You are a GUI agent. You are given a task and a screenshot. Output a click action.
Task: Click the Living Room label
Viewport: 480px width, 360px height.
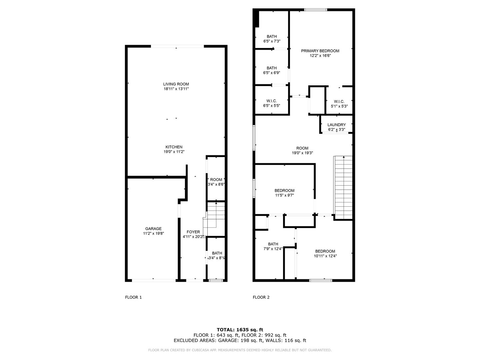pos(176,84)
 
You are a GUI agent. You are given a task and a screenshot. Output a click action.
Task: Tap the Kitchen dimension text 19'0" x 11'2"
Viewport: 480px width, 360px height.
pos(174,152)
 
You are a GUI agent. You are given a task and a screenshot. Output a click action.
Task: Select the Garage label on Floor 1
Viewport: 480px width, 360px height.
pos(153,229)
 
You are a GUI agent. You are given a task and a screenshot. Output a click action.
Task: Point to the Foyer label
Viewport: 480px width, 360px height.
pos(193,232)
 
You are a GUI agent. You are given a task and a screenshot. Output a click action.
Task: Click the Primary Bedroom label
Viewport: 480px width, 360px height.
pos(320,51)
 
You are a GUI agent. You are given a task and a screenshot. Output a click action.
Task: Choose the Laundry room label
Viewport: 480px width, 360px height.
pos(337,125)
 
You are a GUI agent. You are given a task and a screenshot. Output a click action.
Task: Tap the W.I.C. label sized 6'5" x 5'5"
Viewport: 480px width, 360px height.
pos(271,101)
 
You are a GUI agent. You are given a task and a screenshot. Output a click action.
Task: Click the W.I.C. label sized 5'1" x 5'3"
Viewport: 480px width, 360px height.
pos(339,102)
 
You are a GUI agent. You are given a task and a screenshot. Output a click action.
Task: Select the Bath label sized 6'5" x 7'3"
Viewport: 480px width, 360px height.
pos(272,37)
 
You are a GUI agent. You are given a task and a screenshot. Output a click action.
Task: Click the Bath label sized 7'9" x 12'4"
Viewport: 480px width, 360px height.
pos(273,244)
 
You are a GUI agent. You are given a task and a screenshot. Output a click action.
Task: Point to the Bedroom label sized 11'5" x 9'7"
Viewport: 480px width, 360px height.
pos(284,191)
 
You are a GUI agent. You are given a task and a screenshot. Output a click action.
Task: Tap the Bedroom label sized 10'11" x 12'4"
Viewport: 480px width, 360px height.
pos(325,251)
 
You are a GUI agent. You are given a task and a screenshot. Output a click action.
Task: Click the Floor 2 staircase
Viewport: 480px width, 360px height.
pos(343,188)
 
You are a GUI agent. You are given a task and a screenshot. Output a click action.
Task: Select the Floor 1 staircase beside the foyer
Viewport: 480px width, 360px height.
pos(214,219)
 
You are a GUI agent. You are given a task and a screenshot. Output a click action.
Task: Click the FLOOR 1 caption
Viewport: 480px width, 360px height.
pos(133,297)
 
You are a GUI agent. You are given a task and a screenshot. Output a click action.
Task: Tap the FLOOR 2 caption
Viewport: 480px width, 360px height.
pos(261,297)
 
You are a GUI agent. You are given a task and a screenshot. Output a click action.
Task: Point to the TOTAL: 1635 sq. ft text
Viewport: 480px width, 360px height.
pos(240,330)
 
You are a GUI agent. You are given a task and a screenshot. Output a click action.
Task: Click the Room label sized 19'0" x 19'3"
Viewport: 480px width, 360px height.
pos(302,148)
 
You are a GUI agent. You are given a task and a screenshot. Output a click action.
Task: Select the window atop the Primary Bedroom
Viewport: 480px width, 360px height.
pos(316,10)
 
